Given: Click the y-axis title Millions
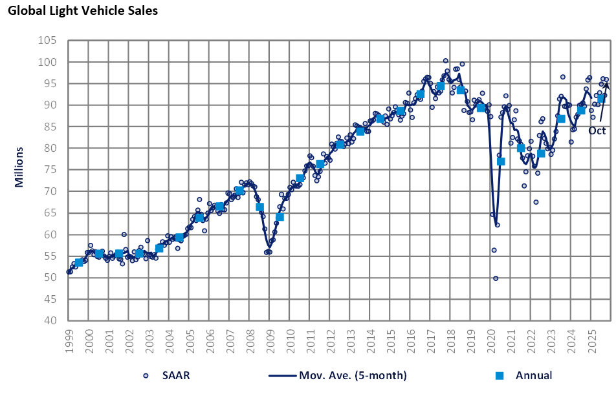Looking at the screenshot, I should [19, 167].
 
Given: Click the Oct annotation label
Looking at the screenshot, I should [597, 130].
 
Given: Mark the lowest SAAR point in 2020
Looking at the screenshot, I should [496, 278].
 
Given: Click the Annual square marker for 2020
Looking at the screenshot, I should [501, 161].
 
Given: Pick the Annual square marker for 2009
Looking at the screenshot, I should [280, 217].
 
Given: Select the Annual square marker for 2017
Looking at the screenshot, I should [441, 86].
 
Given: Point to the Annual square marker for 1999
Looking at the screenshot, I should [79, 262].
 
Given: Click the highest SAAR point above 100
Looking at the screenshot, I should [446, 61].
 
